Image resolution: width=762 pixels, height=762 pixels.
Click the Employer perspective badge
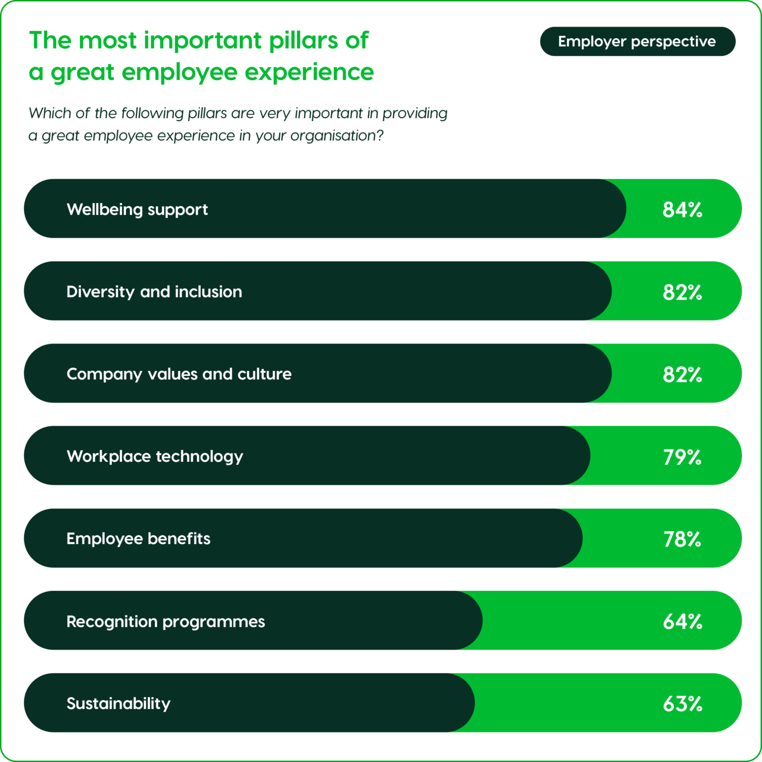pyautogui.click(x=637, y=41)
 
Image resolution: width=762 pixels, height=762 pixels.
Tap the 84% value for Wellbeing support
pyautogui.click(x=682, y=209)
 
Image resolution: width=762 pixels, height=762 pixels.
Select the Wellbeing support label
pyautogui.click(x=137, y=209)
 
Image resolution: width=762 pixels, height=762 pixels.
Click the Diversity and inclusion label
pyautogui.click(x=154, y=292)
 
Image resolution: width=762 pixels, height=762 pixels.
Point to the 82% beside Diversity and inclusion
pyautogui.click(x=682, y=292)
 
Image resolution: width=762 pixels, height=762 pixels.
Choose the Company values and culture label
pyautogui.click(x=179, y=374)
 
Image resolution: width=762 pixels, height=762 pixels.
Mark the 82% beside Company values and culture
pyautogui.click(x=682, y=375)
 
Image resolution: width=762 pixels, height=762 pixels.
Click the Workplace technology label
pyautogui.click(x=155, y=456)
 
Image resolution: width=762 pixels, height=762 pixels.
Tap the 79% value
pyautogui.click(x=682, y=457)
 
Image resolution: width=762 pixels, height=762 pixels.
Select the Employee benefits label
pyautogui.click(x=138, y=539)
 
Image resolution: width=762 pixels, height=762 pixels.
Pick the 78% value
pyautogui.click(x=682, y=539)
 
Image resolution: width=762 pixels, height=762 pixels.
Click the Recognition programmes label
pyautogui.click(x=165, y=621)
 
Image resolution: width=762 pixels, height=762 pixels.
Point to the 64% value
pyautogui.click(x=682, y=622)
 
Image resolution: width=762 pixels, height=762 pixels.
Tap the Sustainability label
pyautogui.click(x=118, y=703)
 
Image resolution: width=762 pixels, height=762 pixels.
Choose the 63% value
pyautogui.click(x=682, y=704)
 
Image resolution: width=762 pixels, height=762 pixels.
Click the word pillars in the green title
pyautogui.click(x=303, y=41)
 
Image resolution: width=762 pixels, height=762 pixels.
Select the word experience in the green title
pyautogui.click(x=309, y=72)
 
